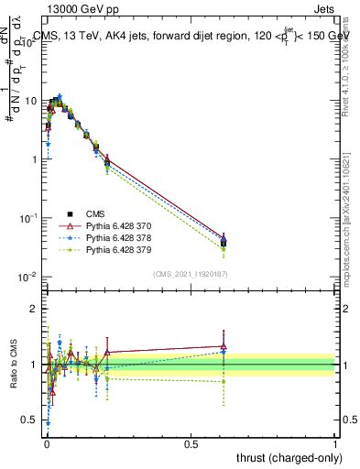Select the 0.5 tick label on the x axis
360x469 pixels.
pyautogui.click(x=191, y=443)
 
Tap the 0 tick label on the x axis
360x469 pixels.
pyautogui.click(x=46, y=443)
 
